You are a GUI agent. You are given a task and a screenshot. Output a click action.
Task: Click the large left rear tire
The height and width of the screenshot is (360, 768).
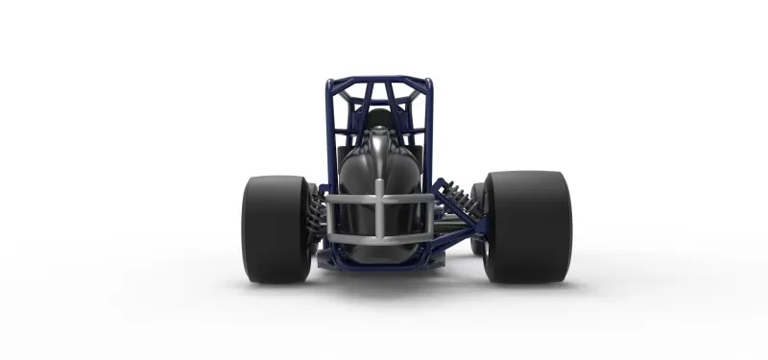(x=274, y=228)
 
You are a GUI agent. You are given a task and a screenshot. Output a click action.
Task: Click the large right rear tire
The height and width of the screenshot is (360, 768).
(x=528, y=227)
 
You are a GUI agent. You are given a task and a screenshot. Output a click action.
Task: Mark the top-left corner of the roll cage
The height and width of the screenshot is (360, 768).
(x=329, y=83)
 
